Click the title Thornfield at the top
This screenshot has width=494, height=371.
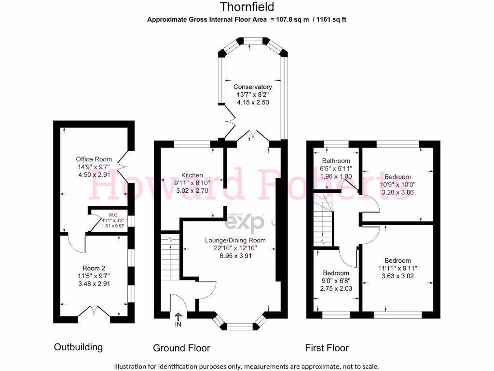247,7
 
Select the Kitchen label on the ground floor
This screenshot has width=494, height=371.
192,175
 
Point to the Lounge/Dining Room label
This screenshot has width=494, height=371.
235,240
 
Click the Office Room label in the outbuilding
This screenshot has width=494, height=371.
94,159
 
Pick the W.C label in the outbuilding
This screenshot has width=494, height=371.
113,214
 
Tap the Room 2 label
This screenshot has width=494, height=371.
94,268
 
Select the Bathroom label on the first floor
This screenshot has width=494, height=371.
336,161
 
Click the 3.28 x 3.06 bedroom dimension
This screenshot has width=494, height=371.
398,192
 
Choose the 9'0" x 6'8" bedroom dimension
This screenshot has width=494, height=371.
336,281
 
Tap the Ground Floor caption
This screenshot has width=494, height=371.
181,348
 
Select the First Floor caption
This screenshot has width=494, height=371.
327,348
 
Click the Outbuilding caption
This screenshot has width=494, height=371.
78,347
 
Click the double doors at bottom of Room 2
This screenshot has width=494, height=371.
94,311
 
